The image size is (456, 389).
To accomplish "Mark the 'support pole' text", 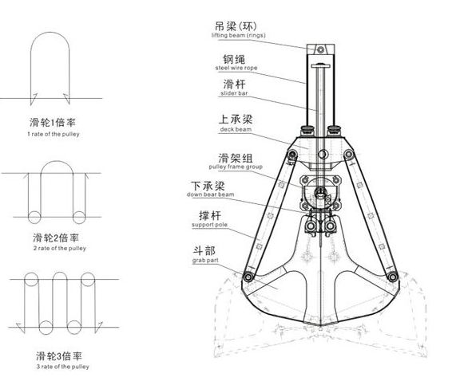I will click(209, 226).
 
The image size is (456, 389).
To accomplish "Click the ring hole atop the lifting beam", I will click(319, 50).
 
